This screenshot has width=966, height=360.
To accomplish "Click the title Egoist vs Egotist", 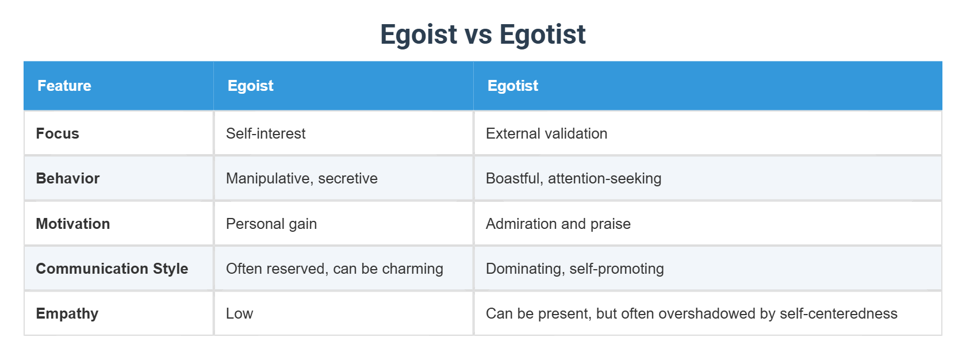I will (x=482, y=34).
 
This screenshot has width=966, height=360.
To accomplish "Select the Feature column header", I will (x=64, y=86).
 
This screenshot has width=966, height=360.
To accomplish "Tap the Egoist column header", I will (x=250, y=86).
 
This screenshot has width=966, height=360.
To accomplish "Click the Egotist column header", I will (x=512, y=86).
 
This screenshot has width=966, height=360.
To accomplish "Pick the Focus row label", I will (x=57, y=133).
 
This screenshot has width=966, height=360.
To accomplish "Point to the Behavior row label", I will (x=68, y=178).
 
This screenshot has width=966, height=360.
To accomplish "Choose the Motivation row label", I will (x=73, y=224).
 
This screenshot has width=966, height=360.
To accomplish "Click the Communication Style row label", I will (x=112, y=269).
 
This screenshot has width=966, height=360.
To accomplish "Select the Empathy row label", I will (x=67, y=313).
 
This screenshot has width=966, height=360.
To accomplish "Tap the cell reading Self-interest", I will (x=266, y=133).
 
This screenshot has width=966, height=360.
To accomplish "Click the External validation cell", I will (x=546, y=133).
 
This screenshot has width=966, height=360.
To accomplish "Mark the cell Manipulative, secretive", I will (x=302, y=178).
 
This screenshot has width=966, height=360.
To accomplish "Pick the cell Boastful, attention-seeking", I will (x=573, y=178).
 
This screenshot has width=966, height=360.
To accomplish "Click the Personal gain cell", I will (x=271, y=224).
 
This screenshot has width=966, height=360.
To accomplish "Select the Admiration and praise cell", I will (x=558, y=224).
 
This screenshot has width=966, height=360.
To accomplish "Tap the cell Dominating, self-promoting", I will (x=574, y=269).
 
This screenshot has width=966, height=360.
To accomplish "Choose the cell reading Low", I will (x=239, y=313).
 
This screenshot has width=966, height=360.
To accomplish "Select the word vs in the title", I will (x=478, y=35).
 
